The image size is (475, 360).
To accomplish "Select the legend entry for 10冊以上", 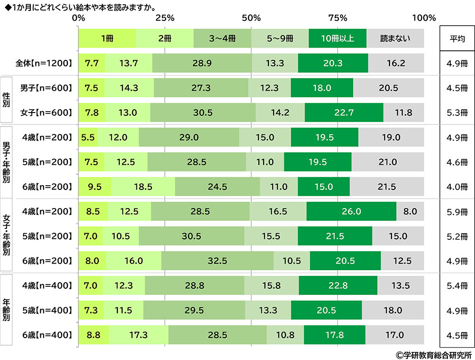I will tap(337, 38).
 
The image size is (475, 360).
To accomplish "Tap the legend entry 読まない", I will tap(395, 38).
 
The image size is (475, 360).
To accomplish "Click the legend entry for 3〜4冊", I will tap(222, 38).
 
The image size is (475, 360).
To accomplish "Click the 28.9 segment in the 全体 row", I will tap(202, 63).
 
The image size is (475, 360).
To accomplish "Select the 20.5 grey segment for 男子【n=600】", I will tap(388, 88).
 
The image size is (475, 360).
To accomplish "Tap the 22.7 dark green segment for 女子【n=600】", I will tap(344, 113).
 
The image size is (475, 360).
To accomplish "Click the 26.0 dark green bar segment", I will tap(351, 211).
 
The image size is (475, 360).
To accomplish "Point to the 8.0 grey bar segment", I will tap(410, 211).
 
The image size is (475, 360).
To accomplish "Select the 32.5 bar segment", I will tap(218, 261).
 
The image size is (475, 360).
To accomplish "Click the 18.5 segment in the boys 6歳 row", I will tap(143, 187).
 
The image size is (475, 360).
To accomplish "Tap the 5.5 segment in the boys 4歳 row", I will tap(88, 137).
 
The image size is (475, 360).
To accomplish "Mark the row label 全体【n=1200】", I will tap(43, 63).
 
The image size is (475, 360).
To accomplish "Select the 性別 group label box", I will tap(7, 100).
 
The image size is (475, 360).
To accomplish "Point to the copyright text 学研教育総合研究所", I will tap(433, 354).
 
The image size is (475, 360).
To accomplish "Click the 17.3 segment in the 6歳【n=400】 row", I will tap(138, 335).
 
